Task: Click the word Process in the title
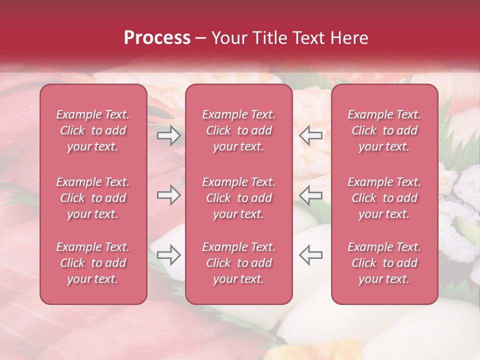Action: point(157,38)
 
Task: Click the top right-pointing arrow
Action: point(168,135)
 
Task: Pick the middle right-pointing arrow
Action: point(168,195)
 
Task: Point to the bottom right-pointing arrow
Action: point(168,254)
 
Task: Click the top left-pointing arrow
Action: point(311,135)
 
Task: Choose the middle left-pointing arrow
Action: point(311,195)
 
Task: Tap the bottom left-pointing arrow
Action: point(311,254)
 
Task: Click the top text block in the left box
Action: point(93,130)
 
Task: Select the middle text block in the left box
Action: point(93,198)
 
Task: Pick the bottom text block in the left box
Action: point(93,263)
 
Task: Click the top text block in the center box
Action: point(239,130)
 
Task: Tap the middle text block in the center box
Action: point(239,198)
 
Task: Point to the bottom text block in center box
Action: point(239,263)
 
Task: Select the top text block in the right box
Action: point(384,130)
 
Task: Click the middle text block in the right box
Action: point(384,198)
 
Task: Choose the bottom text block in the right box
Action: point(384,263)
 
